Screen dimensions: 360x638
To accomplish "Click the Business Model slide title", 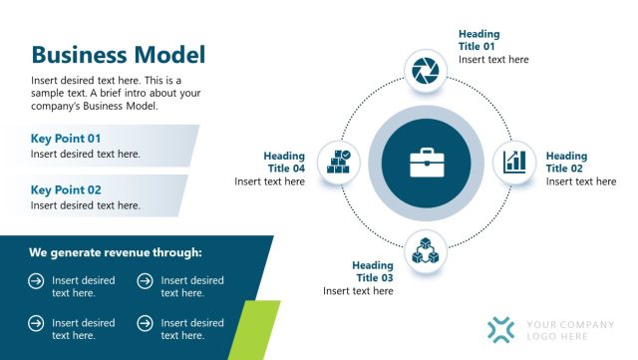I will tap(118, 55).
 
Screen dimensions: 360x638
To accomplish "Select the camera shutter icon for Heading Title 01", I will tap(425, 70).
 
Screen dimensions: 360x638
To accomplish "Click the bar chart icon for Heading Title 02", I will tap(514, 161).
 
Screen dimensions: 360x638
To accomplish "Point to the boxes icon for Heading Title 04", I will tap(338, 162).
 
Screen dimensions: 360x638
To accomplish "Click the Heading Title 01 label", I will tap(478, 40).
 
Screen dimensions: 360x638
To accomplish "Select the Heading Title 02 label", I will tap(566, 163).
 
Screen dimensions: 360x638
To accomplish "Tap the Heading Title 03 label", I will tap(374, 271).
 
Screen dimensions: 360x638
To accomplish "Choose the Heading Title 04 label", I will tap(284, 163).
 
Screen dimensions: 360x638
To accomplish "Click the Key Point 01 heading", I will tap(66, 138).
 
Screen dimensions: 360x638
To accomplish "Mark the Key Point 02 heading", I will tap(66, 189).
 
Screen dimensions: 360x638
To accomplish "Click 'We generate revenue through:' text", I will tap(116, 252).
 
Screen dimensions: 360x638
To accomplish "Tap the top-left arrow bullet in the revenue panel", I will tap(36, 282).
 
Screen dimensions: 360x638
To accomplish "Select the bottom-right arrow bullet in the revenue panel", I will tap(145, 324).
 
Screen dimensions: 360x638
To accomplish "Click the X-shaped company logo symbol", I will tap(502, 330).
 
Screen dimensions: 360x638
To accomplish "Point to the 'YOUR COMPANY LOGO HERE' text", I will tap(570, 330).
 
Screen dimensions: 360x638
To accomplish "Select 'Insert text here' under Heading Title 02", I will tap(581, 181).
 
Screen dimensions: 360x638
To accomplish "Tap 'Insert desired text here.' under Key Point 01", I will tap(86, 154).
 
